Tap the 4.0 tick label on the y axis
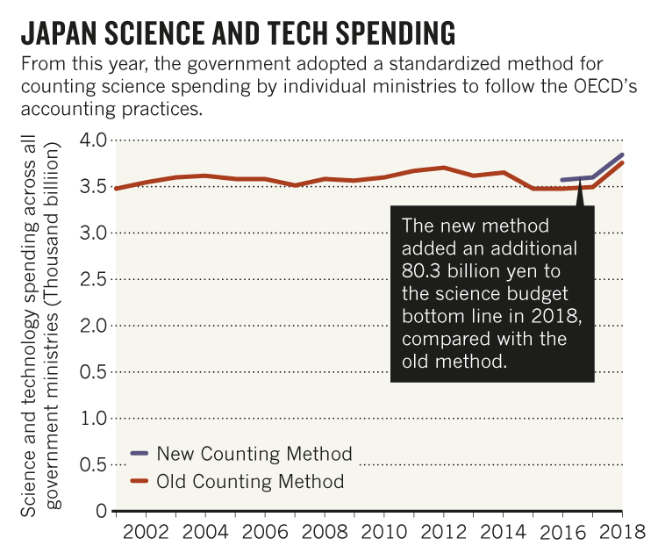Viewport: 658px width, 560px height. pyautogui.click(x=92, y=140)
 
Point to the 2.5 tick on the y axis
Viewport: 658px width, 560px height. pyautogui.click(x=92, y=279)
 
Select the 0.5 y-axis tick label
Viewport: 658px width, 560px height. pyautogui.click(x=92, y=372)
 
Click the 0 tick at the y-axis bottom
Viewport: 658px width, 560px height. pyautogui.click(x=101, y=511)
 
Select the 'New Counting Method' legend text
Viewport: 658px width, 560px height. pyautogui.click(x=254, y=454)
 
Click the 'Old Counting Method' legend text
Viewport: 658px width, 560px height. pyautogui.click(x=250, y=481)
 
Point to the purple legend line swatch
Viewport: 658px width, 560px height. pyautogui.click(x=139, y=454)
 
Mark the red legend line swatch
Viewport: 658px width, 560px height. pyautogui.click(x=139, y=481)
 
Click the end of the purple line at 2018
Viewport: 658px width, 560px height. pyautogui.click(x=623, y=154)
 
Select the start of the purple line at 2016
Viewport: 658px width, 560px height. pyautogui.click(x=562, y=180)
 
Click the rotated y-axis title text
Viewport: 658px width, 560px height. pyautogui.click(x=39, y=325)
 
